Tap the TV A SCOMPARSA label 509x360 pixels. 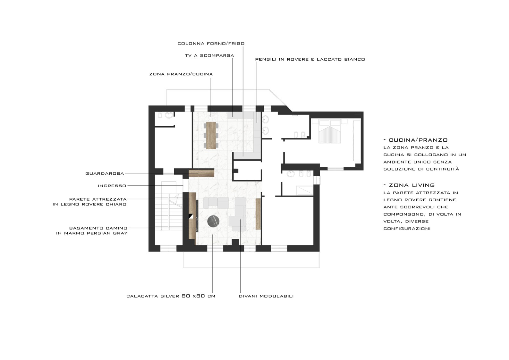point(209,55)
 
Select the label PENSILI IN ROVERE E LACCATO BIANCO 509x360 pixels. point(310,59)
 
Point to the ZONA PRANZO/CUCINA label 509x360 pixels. point(181,74)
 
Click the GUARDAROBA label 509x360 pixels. point(105,173)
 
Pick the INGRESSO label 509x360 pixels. point(112,186)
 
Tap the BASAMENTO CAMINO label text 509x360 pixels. point(98,228)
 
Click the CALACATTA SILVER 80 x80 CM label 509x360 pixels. point(171,296)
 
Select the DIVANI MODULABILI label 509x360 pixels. point(266,296)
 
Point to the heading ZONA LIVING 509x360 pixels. point(412,185)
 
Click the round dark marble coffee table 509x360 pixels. point(213,222)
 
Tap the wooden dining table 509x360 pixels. point(211,135)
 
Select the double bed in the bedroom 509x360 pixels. point(329,131)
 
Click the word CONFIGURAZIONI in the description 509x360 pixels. point(407,229)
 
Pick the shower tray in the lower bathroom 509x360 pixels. point(304,190)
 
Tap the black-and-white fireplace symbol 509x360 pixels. point(191,216)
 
